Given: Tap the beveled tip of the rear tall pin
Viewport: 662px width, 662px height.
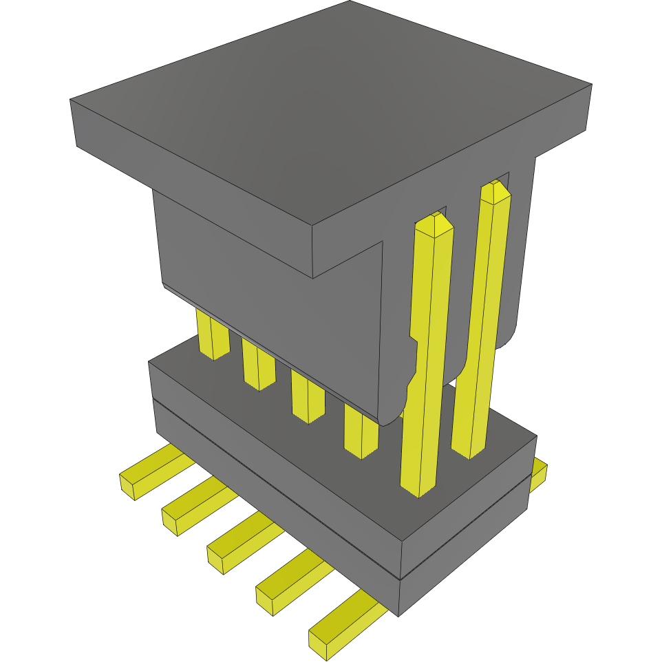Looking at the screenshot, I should pos(495,191).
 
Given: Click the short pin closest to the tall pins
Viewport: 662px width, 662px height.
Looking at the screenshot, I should pos(361,434).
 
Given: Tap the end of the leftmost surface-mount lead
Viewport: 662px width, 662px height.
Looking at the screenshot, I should pos(129,486).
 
